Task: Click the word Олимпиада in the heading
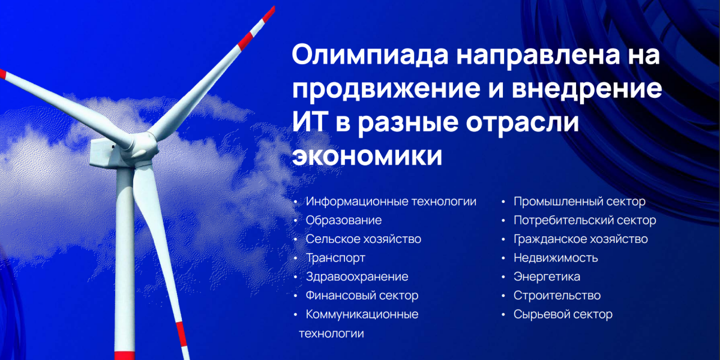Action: [370, 55]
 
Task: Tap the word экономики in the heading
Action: [367, 157]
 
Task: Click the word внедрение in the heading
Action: [587, 89]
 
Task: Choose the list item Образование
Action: [344, 220]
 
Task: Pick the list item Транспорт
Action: [335, 258]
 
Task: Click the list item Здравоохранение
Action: [357, 277]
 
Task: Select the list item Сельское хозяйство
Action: [363, 239]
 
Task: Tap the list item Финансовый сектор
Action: [362, 295]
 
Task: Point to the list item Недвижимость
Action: [556, 258]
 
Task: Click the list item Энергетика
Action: [547, 277]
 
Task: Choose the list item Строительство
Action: [557, 295]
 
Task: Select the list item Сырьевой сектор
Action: [563, 314]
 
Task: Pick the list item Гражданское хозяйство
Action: [581, 239]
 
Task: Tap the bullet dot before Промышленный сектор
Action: [503, 202]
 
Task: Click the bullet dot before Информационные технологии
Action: [296, 202]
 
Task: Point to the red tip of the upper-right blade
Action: [269, 14]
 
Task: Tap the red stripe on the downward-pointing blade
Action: [181, 334]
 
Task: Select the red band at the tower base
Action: [125, 356]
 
